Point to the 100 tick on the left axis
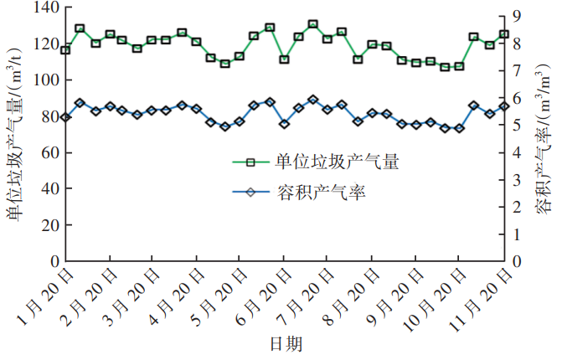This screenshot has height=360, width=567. (44, 80)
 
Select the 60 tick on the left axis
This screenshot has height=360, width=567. (47, 153)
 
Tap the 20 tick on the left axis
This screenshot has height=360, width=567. (47, 225)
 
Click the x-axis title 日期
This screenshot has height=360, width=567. (286, 344)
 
